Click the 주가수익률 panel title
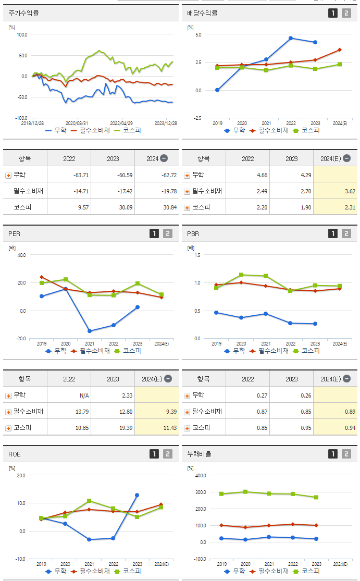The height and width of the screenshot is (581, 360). [24, 13]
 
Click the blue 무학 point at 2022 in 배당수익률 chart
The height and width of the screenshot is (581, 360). [291, 38]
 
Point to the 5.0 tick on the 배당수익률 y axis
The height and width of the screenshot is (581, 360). [198, 34]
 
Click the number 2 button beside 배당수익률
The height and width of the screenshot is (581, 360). [346, 13]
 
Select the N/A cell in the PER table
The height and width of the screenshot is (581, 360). [84, 395]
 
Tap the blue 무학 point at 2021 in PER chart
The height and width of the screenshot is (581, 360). [90, 331]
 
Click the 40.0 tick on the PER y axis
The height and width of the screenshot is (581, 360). [21, 255]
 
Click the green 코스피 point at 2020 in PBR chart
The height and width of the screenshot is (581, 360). [241, 275]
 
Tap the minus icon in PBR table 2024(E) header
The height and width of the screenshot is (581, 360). [347, 379]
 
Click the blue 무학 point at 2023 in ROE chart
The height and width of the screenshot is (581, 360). [137, 495]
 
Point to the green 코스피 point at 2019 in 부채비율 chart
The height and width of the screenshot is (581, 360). [221, 494]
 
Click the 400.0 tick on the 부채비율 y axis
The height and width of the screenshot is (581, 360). [200, 475]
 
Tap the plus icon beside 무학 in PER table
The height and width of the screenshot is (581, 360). [8, 395]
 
